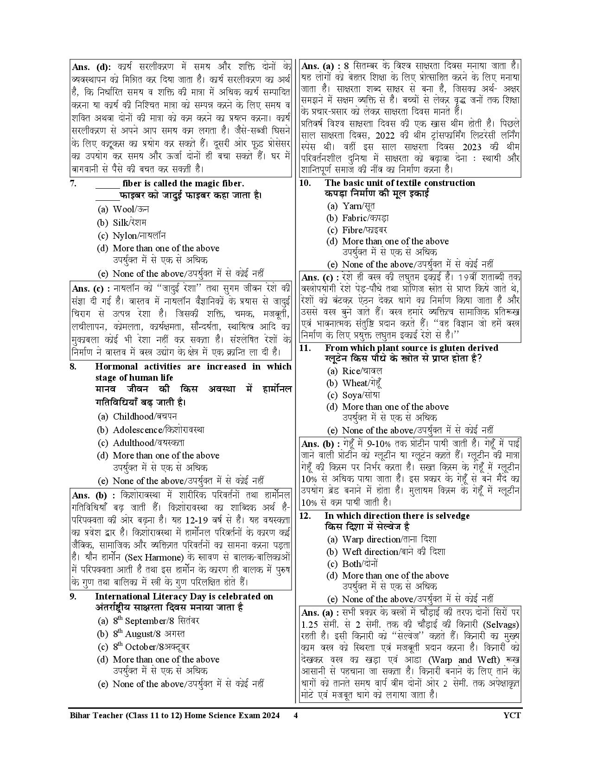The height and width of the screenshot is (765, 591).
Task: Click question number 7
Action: point(73,184)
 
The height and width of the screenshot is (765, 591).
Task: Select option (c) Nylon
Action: point(132,236)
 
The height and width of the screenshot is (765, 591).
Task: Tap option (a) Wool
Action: point(123,209)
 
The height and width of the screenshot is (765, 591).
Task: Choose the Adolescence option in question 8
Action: point(151,430)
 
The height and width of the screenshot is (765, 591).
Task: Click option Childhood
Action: point(137,416)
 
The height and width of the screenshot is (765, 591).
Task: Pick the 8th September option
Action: point(148,621)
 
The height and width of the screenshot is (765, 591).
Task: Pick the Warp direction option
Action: point(382,539)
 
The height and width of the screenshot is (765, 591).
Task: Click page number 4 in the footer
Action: point(295,715)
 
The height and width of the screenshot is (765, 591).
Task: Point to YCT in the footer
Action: point(512,715)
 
